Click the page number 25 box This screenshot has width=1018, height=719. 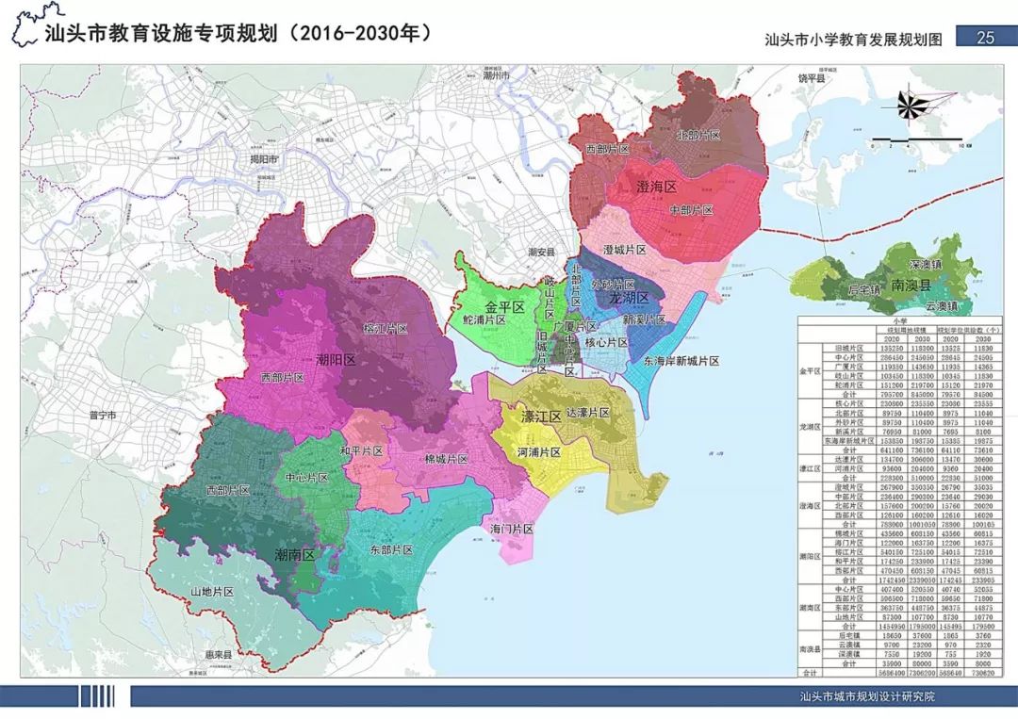pyautogui.click(x=986, y=38)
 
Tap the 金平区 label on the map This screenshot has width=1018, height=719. pyautogui.click(x=504, y=308)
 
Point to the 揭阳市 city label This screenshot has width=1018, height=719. pyautogui.click(x=259, y=160)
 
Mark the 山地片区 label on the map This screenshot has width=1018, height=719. pyautogui.click(x=212, y=591)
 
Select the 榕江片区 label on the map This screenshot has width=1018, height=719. pyautogui.click(x=385, y=329)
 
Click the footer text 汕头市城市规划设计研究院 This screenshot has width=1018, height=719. pyautogui.click(x=864, y=697)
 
